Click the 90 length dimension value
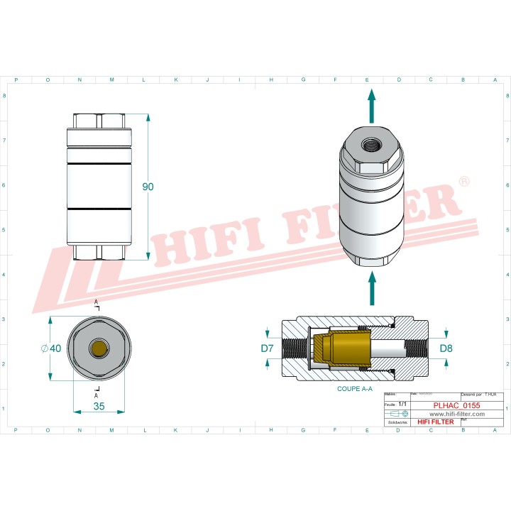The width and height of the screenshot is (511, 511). [148, 187]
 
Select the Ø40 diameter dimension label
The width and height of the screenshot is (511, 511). [53, 348]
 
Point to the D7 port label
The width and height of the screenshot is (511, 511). [267, 348]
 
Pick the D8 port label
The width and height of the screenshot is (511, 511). [446, 348]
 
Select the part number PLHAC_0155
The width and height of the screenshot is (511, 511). [456, 405]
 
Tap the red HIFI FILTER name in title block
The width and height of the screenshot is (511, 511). [435, 422]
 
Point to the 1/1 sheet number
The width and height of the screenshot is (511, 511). [402, 403]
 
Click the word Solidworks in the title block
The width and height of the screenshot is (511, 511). [397, 422]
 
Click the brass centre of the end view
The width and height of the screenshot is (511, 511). [99, 348]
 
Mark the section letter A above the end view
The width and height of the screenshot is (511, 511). [97, 302]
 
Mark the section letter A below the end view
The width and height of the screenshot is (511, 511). [96, 395]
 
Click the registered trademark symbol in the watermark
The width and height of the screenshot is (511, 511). [463, 182]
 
